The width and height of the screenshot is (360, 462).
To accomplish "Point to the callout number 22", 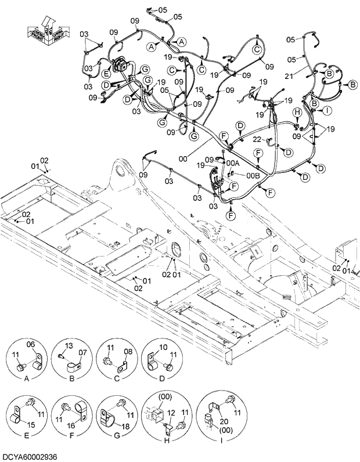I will coord(257,140).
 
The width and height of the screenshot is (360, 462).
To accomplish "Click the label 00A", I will coord(233,164).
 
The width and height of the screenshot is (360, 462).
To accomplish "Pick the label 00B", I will coord(253,175).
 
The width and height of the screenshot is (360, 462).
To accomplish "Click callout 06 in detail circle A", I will coord(31,344).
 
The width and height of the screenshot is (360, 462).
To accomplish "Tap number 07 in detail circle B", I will coord(82,352).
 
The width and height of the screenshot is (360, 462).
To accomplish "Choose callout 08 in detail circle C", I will coord(128,351).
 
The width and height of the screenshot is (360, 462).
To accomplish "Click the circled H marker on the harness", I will coord(296,111).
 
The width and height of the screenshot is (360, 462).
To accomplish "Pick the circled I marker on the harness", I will coord(327,110).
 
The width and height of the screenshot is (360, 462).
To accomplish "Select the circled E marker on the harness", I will coord(106,74).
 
